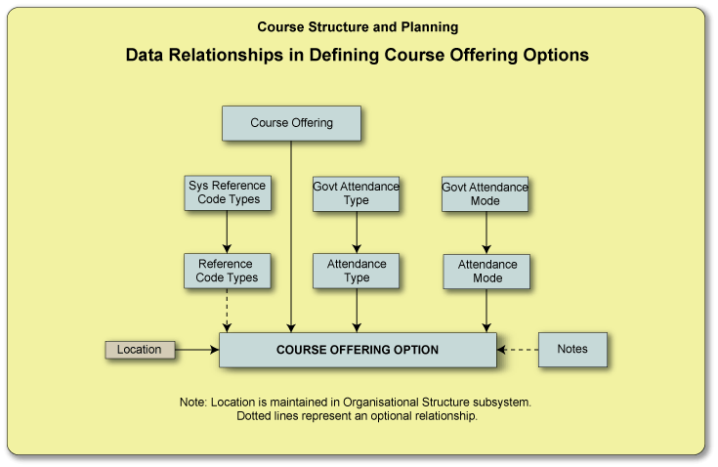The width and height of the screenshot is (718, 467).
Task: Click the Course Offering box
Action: (291, 123)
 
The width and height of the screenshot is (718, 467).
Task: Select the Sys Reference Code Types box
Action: (227, 192)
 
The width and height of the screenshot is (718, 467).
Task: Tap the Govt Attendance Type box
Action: (356, 193)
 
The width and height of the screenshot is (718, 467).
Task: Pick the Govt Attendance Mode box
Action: (485, 193)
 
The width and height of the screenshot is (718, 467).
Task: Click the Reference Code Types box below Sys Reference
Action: (227, 271)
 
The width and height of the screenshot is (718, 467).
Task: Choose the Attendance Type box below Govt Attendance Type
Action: (356, 271)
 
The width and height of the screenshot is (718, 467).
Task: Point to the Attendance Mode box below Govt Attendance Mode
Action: (486, 272)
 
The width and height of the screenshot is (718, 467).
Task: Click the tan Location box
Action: (140, 350)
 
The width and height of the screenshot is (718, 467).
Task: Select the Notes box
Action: (572, 349)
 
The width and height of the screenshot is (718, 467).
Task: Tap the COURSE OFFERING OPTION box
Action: (358, 350)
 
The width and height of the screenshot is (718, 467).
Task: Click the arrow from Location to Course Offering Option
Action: (196, 350)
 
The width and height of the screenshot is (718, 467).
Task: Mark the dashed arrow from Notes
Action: (518, 349)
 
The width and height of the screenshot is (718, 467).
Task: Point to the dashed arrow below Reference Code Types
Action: (227, 311)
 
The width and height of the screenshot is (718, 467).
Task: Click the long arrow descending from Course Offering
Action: (291, 234)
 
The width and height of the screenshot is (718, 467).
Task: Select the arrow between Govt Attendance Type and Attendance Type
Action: (357, 232)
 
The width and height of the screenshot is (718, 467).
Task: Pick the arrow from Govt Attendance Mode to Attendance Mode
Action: (486, 233)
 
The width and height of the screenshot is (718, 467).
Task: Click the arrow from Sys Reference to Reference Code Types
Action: (227, 232)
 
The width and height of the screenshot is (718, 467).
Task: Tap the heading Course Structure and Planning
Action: (358, 27)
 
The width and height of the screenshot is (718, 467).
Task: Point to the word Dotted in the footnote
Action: (256, 416)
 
